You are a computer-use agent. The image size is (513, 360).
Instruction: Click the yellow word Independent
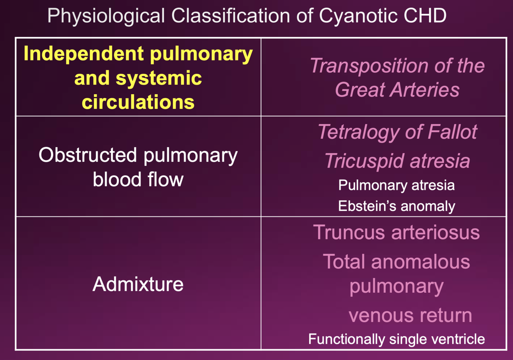click(x=84, y=54)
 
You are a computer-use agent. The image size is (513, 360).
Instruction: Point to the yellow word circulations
click(x=138, y=102)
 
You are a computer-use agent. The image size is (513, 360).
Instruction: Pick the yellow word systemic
click(x=159, y=78)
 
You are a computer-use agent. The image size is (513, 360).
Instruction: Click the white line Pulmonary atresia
click(x=396, y=185)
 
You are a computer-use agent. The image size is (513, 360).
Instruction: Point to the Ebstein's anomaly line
click(x=396, y=206)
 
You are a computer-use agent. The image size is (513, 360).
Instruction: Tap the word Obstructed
click(x=88, y=155)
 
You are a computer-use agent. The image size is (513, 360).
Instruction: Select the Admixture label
click(x=138, y=284)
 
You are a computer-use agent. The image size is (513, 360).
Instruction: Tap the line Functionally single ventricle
click(x=396, y=339)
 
